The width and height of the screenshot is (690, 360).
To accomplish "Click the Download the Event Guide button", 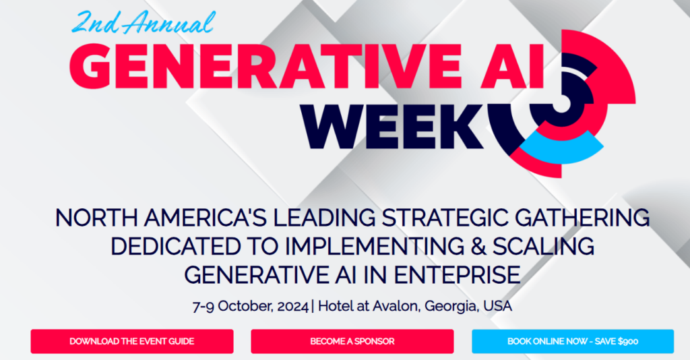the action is tap(132, 341).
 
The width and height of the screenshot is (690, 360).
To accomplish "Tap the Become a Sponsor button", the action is tap(352, 341).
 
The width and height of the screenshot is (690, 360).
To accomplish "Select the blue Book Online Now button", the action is tap(573, 341).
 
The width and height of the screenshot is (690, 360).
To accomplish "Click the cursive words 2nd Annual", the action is tap(144, 22).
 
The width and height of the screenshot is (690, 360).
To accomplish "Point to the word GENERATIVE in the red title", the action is tap(265, 66).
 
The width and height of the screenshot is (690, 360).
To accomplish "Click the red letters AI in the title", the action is tap(512, 66).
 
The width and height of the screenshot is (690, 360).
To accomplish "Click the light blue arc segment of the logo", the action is tap(561, 148).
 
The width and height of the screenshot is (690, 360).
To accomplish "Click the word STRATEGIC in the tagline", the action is tap(444, 218).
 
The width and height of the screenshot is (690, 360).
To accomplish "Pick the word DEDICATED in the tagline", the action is tap(176, 247).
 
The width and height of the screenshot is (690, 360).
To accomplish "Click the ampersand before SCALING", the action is tap(478, 247).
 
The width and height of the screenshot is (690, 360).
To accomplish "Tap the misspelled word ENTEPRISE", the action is tap(457, 275).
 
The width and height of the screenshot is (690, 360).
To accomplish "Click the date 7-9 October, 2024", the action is tap(251, 306).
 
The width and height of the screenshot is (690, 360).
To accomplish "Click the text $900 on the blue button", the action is tap(628, 341).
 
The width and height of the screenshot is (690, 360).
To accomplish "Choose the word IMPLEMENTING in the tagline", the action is tap(373, 247).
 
